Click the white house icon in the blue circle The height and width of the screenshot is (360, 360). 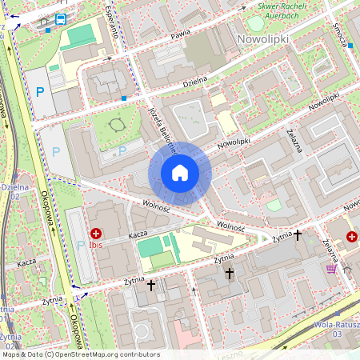point(180,173)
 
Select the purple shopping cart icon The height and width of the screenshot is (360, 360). point(331,270)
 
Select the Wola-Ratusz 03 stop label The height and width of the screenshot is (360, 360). point(337,327)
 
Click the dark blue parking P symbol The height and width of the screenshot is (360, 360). point(40,92)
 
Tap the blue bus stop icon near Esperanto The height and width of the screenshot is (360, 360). point(61,20)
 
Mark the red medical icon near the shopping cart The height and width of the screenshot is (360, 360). point(352,236)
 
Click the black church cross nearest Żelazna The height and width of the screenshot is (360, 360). point(298,235)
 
